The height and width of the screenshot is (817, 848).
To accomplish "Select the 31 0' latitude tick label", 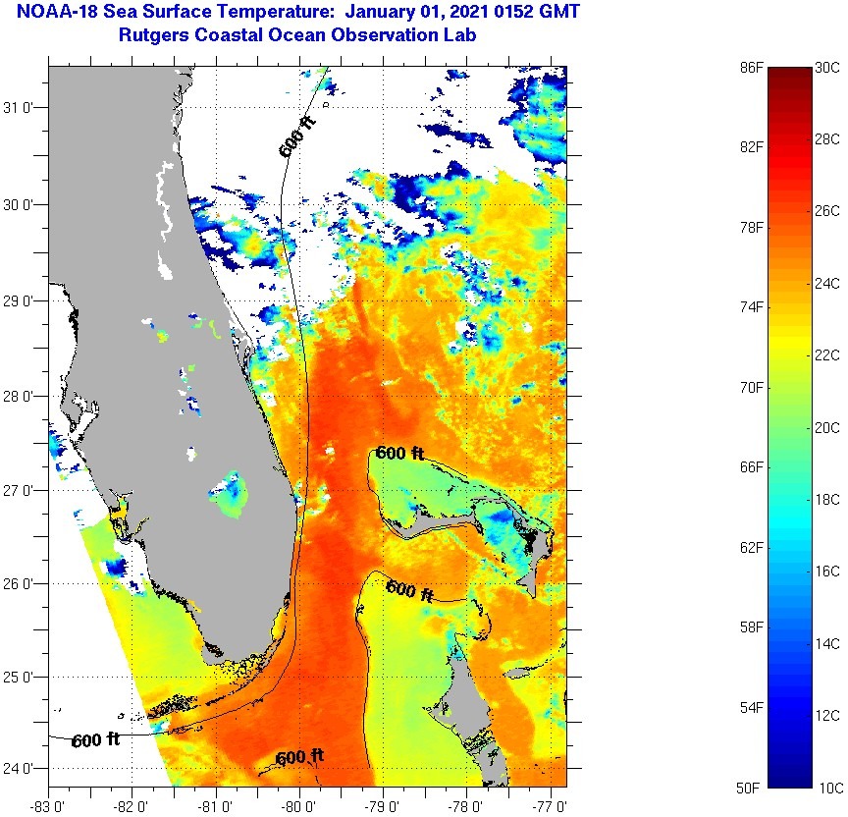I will pyautogui.click(x=23, y=108).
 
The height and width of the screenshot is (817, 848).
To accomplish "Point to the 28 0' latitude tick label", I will pyautogui.click(x=23, y=396).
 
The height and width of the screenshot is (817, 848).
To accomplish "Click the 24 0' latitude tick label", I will pyautogui.click(x=23, y=769).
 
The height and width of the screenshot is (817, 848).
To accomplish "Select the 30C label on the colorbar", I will pyautogui.click(x=826, y=68).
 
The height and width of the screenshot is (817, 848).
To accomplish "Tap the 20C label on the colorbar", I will pyautogui.click(x=826, y=428).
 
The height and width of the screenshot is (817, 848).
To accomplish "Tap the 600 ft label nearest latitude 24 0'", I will pyautogui.click(x=299, y=757).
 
